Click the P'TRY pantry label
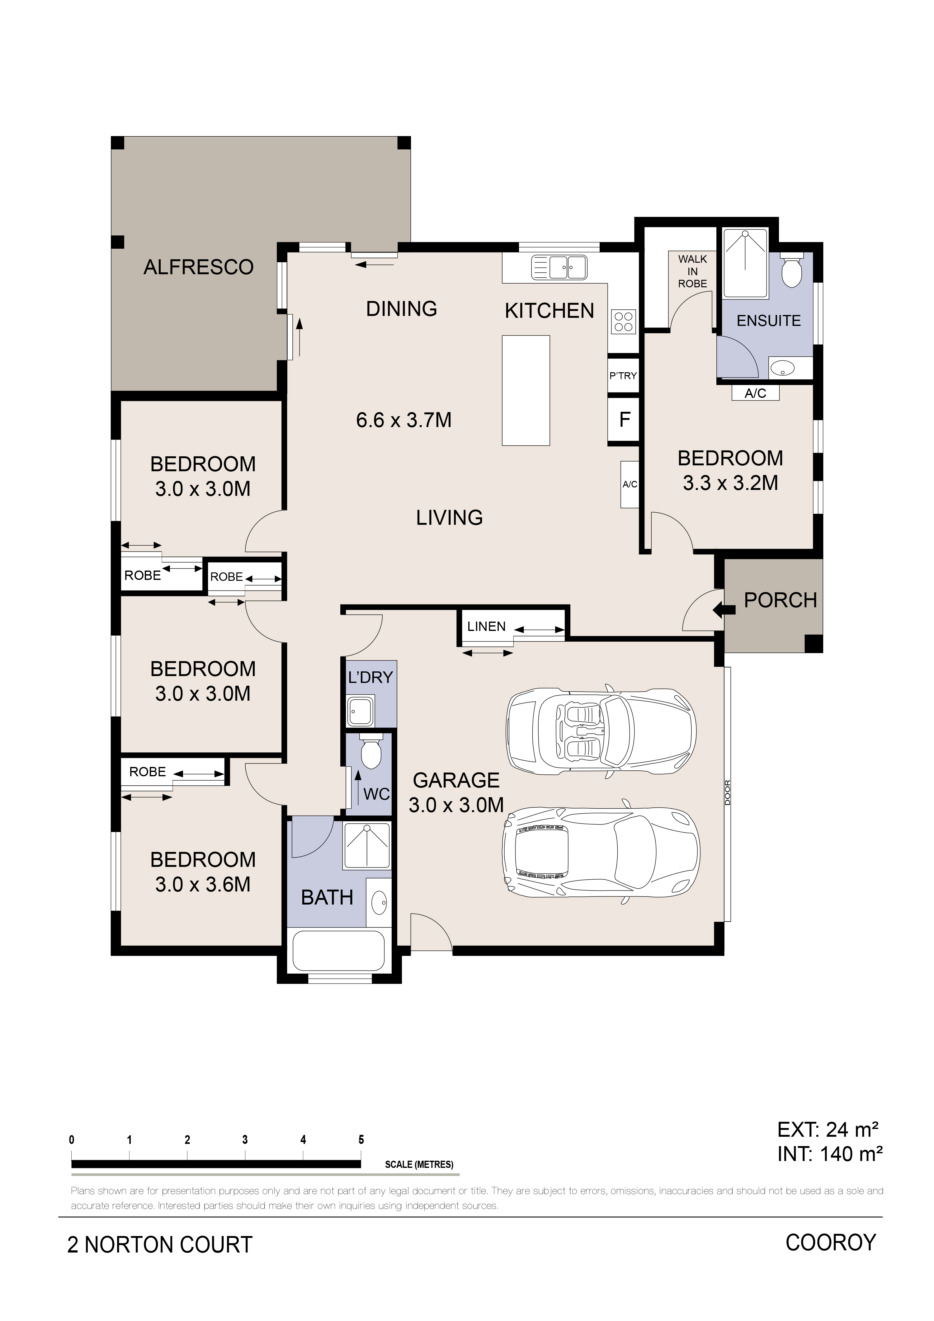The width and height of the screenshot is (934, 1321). click(x=623, y=376)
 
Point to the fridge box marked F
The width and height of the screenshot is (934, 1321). click(x=625, y=420)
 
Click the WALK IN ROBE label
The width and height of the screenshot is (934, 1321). click(x=692, y=271)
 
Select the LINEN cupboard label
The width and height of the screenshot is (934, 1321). click(x=486, y=627)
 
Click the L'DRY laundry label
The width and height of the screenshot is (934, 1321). click(x=370, y=677)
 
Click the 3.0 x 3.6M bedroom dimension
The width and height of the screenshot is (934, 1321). click(x=203, y=884)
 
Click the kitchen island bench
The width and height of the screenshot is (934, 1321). click(x=526, y=391)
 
